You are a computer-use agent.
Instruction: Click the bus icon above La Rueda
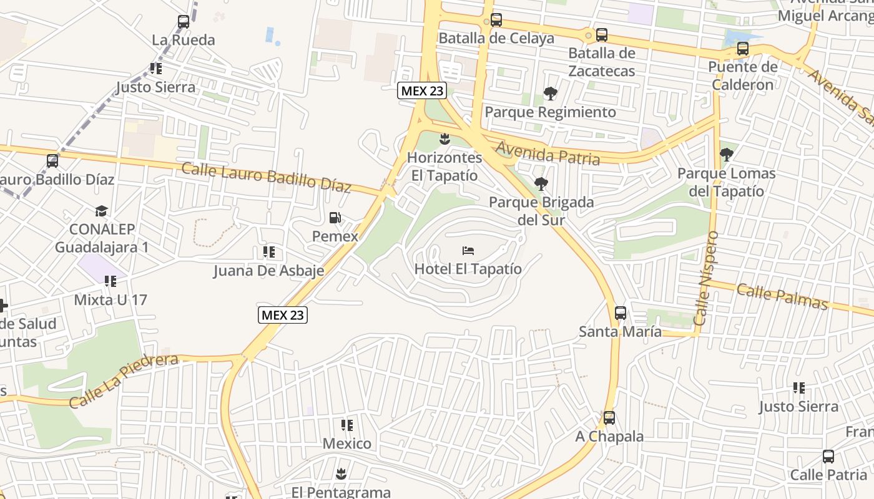(x=184, y=22)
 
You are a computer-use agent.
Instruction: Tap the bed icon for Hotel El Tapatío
(x=468, y=251)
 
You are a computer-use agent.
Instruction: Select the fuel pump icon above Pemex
(x=335, y=218)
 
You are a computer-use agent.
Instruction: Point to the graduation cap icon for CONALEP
(x=101, y=211)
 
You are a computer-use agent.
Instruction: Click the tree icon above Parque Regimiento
(x=550, y=94)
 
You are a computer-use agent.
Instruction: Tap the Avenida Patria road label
(x=548, y=153)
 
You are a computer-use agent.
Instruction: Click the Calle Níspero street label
(x=706, y=278)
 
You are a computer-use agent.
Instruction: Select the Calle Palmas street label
(x=782, y=296)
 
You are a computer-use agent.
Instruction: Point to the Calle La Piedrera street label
(x=124, y=380)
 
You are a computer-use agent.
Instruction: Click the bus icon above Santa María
(x=621, y=313)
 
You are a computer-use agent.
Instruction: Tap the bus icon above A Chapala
(x=609, y=418)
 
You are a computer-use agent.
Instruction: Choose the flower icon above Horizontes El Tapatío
(x=445, y=138)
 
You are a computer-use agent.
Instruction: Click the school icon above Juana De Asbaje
(x=269, y=252)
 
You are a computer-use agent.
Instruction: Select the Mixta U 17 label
(x=110, y=300)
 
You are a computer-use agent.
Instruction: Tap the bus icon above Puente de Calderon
(x=743, y=49)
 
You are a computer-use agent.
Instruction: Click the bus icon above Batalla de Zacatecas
(x=602, y=35)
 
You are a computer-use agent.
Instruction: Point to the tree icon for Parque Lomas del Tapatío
(x=726, y=154)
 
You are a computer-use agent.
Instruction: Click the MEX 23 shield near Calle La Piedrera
(x=283, y=315)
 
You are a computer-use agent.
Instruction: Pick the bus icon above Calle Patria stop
(x=828, y=457)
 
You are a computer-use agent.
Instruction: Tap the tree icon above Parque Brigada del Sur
(x=541, y=184)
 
